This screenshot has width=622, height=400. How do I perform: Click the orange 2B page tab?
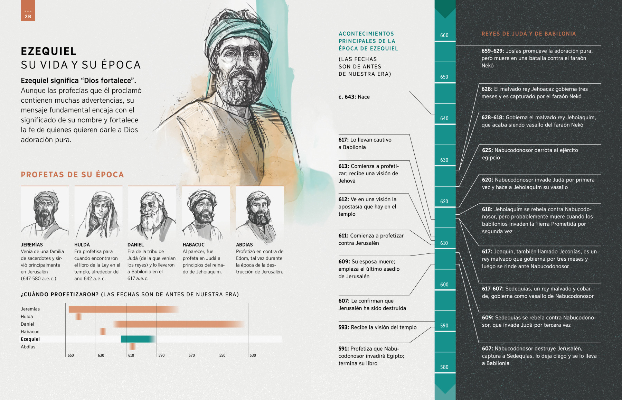pyautogui.click(x=28, y=11)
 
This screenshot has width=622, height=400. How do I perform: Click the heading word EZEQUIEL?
pyautogui.click(x=49, y=51)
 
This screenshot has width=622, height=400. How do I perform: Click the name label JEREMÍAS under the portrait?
pyautogui.click(x=32, y=244)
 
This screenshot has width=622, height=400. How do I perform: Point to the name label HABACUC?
pyautogui.click(x=194, y=244)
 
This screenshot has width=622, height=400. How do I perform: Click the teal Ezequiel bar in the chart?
pyautogui.click(x=137, y=339)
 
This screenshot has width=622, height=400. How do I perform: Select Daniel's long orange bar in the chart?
pyautogui.click(x=178, y=324)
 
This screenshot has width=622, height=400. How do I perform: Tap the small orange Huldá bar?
pyautogui.click(x=79, y=316)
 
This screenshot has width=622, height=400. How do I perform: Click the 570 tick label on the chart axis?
pyautogui.click(x=192, y=355)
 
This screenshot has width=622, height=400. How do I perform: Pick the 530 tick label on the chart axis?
pyautogui.click(x=253, y=355)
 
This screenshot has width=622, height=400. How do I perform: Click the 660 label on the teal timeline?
pyautogui.click(x=444, y=35)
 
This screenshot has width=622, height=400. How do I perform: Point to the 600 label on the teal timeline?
pyautogui.click(x=444, y=285)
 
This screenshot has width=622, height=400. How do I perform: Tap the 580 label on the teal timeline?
pyautogui.click(x=444, y=367)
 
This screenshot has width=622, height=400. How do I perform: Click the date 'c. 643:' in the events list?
pyautogui.click(x=347, y=97)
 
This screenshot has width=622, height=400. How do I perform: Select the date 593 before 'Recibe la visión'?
pyautogui.click(x=344, y=327)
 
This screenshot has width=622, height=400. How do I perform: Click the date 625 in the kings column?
pyautogui.click(x=487, y=150)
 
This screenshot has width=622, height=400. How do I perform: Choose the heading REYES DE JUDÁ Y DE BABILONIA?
pyautogui.click(x=529, y=34)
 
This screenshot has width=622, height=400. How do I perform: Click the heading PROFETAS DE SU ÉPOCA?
pyautogui.click(x=72, y=175)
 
